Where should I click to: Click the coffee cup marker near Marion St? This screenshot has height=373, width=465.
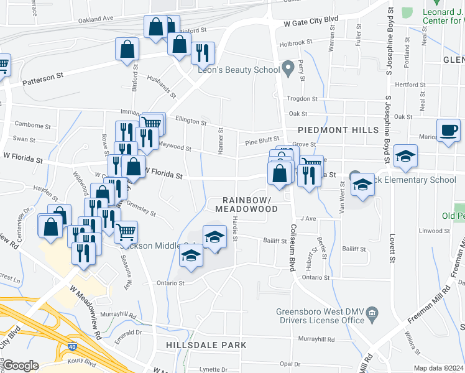[x=448, y=131]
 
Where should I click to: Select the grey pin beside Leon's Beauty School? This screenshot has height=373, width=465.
[x=288, y=67]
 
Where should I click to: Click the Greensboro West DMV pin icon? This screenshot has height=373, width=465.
[x=372, y=311]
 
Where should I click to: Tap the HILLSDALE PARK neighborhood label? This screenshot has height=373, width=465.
[x=206, y=345]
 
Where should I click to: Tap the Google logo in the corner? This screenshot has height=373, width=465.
[x=21, y=366]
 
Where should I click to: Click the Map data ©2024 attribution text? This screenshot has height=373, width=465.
[x=438, y=368]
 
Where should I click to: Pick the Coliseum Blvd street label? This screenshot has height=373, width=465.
[x=291, y=247]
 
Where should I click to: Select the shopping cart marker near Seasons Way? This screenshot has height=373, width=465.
[x=126, y=232]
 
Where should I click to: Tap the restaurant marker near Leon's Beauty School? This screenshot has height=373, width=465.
[x=202, y=53]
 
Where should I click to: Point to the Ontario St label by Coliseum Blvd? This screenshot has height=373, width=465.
[x=316, y=277]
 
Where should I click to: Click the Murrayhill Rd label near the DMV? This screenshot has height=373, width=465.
[x=316, y=339]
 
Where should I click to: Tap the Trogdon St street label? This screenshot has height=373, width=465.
[x=302, y=99]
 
